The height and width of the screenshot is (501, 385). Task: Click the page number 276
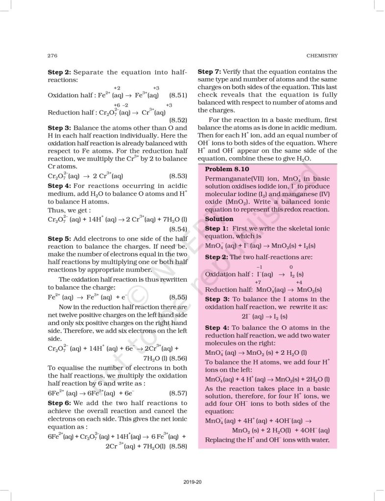point(53,55)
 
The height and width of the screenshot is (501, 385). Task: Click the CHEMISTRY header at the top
point(321,55)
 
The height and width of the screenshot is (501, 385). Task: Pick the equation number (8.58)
point(178,446)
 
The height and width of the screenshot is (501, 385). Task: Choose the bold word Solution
point(219,219)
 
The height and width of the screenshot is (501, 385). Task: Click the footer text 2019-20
point(193,482)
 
